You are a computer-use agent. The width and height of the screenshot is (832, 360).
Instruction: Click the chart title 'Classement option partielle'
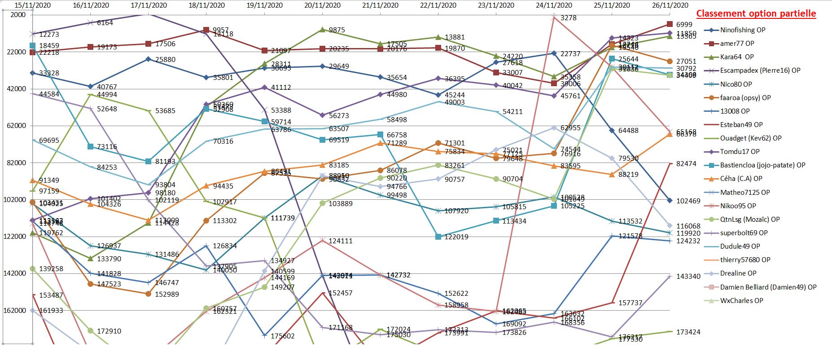tap(756, 13)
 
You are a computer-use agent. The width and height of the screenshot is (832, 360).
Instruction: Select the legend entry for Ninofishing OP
tap(742, 30)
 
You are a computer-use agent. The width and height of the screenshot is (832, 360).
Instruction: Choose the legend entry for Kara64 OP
tap(736, 57)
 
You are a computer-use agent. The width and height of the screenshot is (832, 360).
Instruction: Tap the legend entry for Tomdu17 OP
tap(740, 152)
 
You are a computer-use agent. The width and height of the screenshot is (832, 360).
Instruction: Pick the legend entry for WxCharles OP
tap(741, 301)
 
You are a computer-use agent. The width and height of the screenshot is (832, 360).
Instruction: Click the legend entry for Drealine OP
tap(738, 273)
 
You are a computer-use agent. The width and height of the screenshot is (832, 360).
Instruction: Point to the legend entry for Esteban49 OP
tap(741, 125)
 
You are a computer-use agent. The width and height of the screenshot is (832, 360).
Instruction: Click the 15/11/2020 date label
tap(33, 5)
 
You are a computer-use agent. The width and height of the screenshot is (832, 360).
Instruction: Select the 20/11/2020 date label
tap(322, 5)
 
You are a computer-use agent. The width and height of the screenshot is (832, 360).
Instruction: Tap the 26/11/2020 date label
tap(670, 5)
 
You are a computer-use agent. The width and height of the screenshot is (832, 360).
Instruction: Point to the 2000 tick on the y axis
tap(18, 15)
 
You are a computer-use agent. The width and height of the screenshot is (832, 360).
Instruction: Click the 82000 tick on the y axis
tap(17, 162)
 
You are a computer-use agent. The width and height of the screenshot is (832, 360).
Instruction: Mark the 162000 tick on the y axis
tap(15, 310)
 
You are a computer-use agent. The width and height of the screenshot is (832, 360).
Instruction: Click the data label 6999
tap(684, 25)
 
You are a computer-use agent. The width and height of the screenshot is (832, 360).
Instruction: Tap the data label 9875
tap(337, 30)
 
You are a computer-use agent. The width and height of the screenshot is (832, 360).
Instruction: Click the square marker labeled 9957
tap(206, 30)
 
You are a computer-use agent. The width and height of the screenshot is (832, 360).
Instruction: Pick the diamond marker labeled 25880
tap(149, 59)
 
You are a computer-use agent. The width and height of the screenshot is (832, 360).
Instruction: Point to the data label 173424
tap(688, 332)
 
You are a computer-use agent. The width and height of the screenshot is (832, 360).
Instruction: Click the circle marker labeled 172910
tap(91, 331)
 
